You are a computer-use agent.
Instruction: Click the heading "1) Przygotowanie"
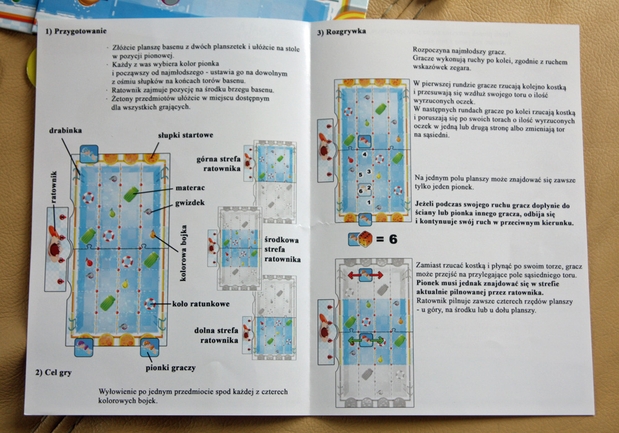point(76,31)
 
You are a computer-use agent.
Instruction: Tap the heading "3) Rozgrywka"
point(342,32)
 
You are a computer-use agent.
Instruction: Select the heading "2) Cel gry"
point(53,372)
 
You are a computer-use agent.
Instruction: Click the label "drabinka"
point(66,131)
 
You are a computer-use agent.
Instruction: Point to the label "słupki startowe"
point(186,135)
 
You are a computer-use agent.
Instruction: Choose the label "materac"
point(190,187)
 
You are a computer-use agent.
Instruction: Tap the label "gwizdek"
point(190,203)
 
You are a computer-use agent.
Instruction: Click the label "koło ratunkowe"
point(201,304)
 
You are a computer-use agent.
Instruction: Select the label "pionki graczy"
point(171,368)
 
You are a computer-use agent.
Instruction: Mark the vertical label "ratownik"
point(54,187)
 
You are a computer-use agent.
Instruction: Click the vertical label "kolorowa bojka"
point(183,253)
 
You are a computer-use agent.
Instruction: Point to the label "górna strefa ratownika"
point(219,164)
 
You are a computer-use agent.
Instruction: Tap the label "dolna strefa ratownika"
point(216,335)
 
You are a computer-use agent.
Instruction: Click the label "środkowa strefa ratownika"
point(282,250)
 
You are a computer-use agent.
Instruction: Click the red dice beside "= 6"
point(365,239)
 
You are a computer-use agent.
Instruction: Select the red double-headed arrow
point(365,275)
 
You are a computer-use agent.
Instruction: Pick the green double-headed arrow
point(366,340)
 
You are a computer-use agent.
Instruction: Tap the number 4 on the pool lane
point(365,154)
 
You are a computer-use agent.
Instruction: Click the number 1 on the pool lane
point(369,202)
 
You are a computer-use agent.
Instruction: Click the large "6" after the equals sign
point(393,239)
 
